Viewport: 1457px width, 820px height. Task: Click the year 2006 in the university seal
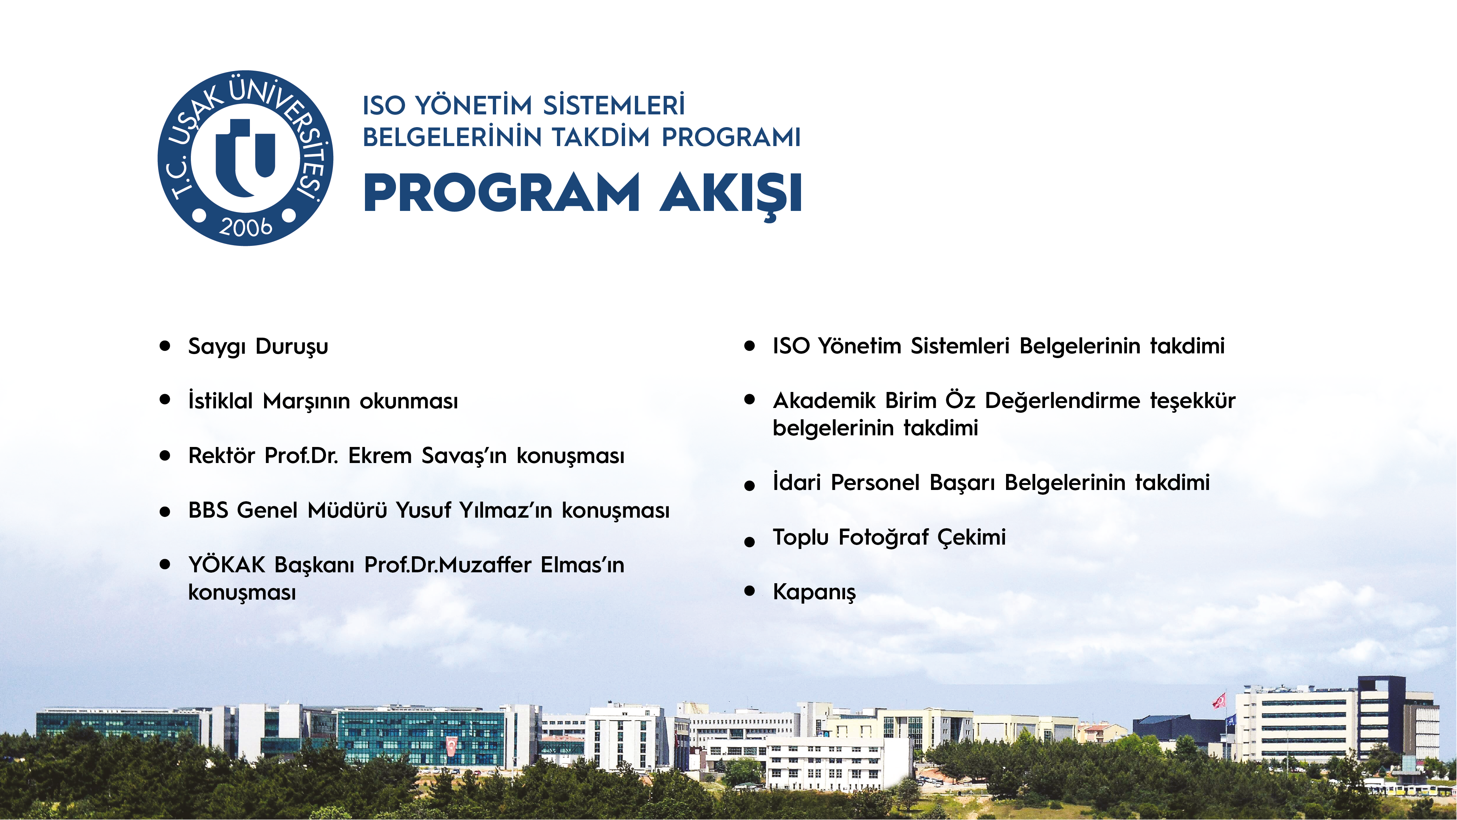[x=246, y=227]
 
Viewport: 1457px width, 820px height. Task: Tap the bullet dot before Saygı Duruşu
[x=165, y=346]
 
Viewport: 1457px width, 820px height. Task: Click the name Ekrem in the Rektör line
[x=380, y=455]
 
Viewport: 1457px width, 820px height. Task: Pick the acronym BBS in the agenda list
[x=208, y=510]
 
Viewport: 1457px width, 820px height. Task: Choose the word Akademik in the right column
[x=824, y=400]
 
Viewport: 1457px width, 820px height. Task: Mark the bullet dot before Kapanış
[x=749, y=591]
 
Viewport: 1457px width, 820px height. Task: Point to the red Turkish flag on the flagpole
[x=1219, y=701]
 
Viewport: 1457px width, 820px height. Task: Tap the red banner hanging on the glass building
[x=451, y=745]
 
